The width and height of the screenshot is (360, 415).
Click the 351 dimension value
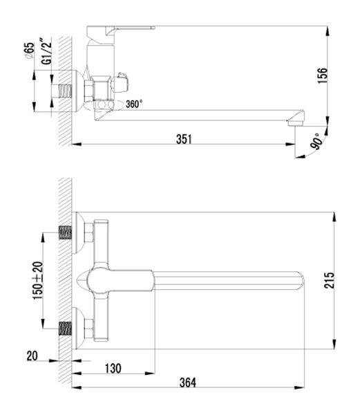pos(184,139)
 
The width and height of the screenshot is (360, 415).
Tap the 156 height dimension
pos(322,75)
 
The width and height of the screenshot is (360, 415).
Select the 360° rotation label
pos(134,104)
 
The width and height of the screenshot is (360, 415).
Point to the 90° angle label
pos(317,142)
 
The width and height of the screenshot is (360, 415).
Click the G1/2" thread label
pos(46,51)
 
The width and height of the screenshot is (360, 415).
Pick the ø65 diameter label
pos(30,50)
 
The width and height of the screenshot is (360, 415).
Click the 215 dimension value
pos(329,280)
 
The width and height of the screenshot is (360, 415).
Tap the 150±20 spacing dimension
pos(37,281)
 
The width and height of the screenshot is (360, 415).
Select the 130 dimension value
pos(113,369)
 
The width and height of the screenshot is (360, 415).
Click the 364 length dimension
pos(188,382)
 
